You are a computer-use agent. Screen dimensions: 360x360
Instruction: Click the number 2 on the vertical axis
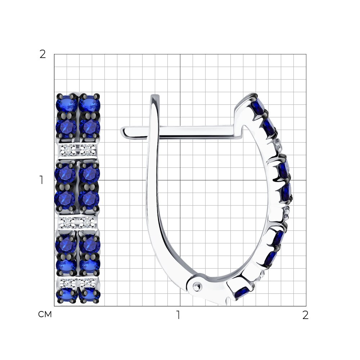click(43, 54)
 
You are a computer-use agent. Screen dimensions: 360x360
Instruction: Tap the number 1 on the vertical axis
click(41, 180)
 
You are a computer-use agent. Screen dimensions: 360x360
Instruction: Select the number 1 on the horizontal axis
click(178, 315)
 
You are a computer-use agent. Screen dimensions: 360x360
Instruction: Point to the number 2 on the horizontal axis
click(305, 315)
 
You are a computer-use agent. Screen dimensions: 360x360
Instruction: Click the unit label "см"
click(45, 314)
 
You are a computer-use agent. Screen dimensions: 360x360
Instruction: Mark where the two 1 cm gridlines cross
click(180, 180)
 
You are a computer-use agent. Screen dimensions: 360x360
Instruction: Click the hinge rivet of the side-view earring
click(197, 287)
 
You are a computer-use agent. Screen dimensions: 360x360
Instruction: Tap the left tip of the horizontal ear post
click(121, 132)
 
